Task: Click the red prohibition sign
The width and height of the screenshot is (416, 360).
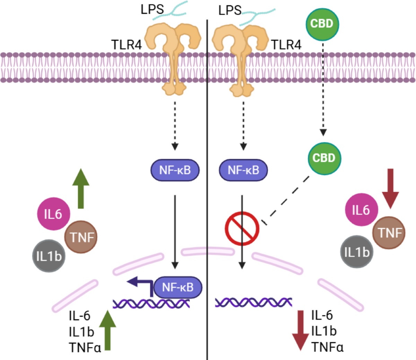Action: (242, 228)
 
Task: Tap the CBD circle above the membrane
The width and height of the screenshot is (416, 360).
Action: (322, 24)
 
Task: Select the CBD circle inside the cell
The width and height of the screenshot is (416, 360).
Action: (324, 158)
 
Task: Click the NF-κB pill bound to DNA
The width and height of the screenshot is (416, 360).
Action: (178, 287)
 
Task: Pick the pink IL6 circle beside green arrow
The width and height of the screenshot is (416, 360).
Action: (53, 214)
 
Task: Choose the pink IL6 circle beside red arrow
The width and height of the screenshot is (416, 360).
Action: (362, 210)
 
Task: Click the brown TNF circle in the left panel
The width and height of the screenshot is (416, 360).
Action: (81, 237)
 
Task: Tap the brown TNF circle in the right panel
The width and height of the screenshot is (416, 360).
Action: (389, 233)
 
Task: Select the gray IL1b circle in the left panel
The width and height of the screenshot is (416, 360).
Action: (49, 256)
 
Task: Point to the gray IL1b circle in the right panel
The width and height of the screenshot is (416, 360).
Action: (357, 252)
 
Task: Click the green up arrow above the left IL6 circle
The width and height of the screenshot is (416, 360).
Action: (81, 188)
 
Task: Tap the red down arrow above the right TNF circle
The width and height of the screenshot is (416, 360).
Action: (390, 188)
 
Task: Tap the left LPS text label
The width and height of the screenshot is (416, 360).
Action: (152, 9)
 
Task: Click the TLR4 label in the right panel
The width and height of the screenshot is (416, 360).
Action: (286, 45)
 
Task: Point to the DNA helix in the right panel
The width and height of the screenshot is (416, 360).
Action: (253, 302)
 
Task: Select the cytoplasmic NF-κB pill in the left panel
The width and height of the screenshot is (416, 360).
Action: (175, 170)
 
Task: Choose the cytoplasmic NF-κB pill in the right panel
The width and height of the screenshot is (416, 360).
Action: (243, 170)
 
